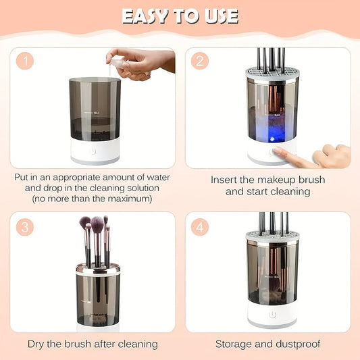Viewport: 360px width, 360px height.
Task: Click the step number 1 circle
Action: pyautogui.click(x=25, y=61)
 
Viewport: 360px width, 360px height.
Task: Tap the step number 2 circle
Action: pyautogui.click(x=200, y=61)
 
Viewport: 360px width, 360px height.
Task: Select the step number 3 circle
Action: pyautogui.click(x=25, y=226)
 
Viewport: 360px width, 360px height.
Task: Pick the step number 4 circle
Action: pyautogui.click(x=200, y=226)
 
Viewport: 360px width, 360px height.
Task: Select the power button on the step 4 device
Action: pyautogui.click(x=272, y=314)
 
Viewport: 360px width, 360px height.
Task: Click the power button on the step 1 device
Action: pyautogui.click(x=95, y=152)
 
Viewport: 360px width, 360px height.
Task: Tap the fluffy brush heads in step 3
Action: pyautogui.click(x=95, y=224)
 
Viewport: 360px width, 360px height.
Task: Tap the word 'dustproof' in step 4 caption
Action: pyautogui.click(x=295, y=344)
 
